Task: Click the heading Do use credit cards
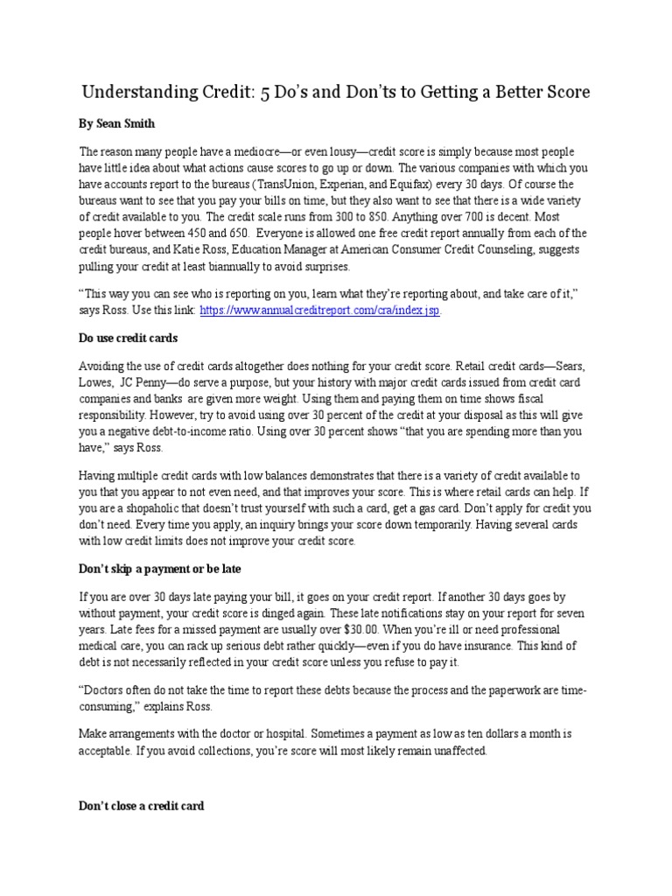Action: (x=129, y=338)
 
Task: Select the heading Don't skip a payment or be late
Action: (x=160, y=570)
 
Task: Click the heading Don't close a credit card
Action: (x=142, y=805)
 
